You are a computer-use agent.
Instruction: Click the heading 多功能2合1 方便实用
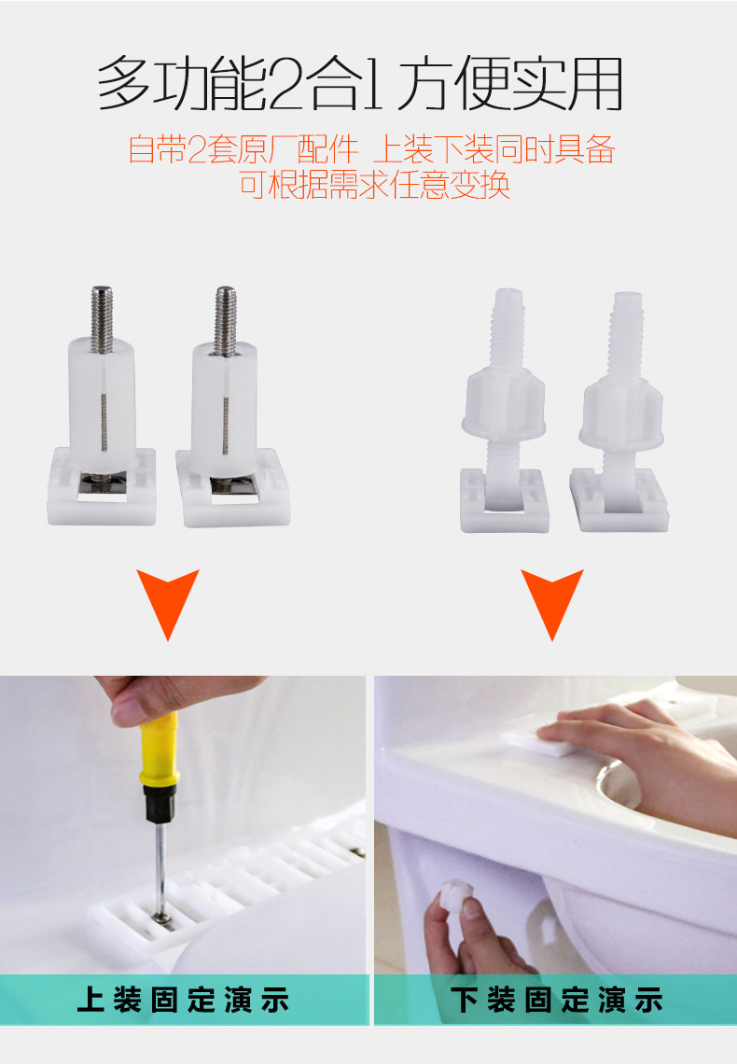click(360, 85)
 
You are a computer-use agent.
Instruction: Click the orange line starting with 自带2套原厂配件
click(371, 150)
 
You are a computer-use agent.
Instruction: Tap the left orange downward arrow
click(168, 600)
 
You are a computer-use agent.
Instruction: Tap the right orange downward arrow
click(552, 600)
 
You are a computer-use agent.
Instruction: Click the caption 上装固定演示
click(184, 1001)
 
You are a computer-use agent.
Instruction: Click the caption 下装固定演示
click(557, 1001)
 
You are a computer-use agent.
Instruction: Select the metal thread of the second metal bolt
click(225, 319)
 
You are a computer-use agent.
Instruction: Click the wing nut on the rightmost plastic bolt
click(620, 413)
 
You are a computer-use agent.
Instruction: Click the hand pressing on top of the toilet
click(644, 747)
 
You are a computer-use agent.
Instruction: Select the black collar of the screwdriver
click(160, 803)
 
